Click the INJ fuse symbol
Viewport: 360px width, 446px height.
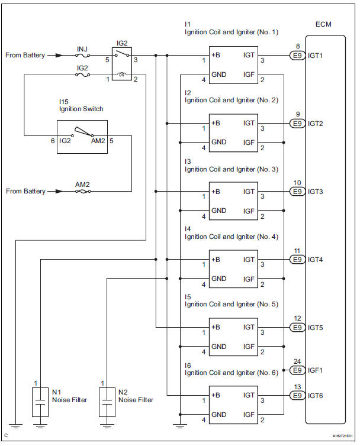[x=83, y=56]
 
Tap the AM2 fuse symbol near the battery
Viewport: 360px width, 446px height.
[x=83, y=192]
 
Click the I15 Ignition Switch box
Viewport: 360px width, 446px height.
[x=82, y=137]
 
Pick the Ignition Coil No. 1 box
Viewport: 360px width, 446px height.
[x=233, y=65]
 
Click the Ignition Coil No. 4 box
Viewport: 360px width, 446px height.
[x=233, y=269]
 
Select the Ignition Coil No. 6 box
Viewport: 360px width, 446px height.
[x=233, y=405]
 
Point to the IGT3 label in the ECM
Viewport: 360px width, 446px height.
[x=317, y=192]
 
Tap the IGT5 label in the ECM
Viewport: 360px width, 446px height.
[x=317, y=328]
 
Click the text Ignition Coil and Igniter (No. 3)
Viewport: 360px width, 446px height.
[x=231, y=169]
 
